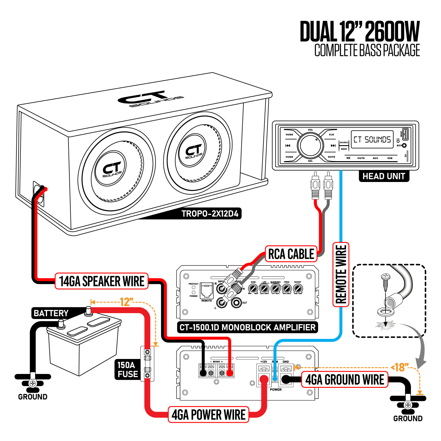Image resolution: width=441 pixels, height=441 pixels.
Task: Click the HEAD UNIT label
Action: [384, 176]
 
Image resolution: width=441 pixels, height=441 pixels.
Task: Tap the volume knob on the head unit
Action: [310, 145]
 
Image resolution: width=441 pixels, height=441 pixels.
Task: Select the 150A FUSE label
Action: [128, 370]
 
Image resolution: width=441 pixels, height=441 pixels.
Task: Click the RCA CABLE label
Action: [291, 254]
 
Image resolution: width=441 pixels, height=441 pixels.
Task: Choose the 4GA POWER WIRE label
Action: [208, 415]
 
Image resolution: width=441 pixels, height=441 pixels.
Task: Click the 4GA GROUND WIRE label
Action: [345, 380]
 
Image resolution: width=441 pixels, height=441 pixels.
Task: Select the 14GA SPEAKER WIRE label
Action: [101, 281]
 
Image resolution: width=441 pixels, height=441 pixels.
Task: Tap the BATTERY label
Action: [51, 313]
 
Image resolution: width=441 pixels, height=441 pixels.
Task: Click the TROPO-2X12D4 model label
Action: [210, 213]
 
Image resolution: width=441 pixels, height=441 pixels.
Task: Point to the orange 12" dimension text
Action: [126, 302]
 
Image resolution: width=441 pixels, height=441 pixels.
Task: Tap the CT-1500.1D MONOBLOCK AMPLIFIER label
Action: [247, 327]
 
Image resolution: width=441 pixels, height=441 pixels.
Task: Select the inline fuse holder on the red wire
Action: [147, 364]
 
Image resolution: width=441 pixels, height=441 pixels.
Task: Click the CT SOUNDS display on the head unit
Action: [372, 139]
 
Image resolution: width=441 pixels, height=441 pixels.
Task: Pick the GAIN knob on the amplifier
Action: [253, 288]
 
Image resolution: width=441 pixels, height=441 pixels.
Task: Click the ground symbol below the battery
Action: [33, 383]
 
